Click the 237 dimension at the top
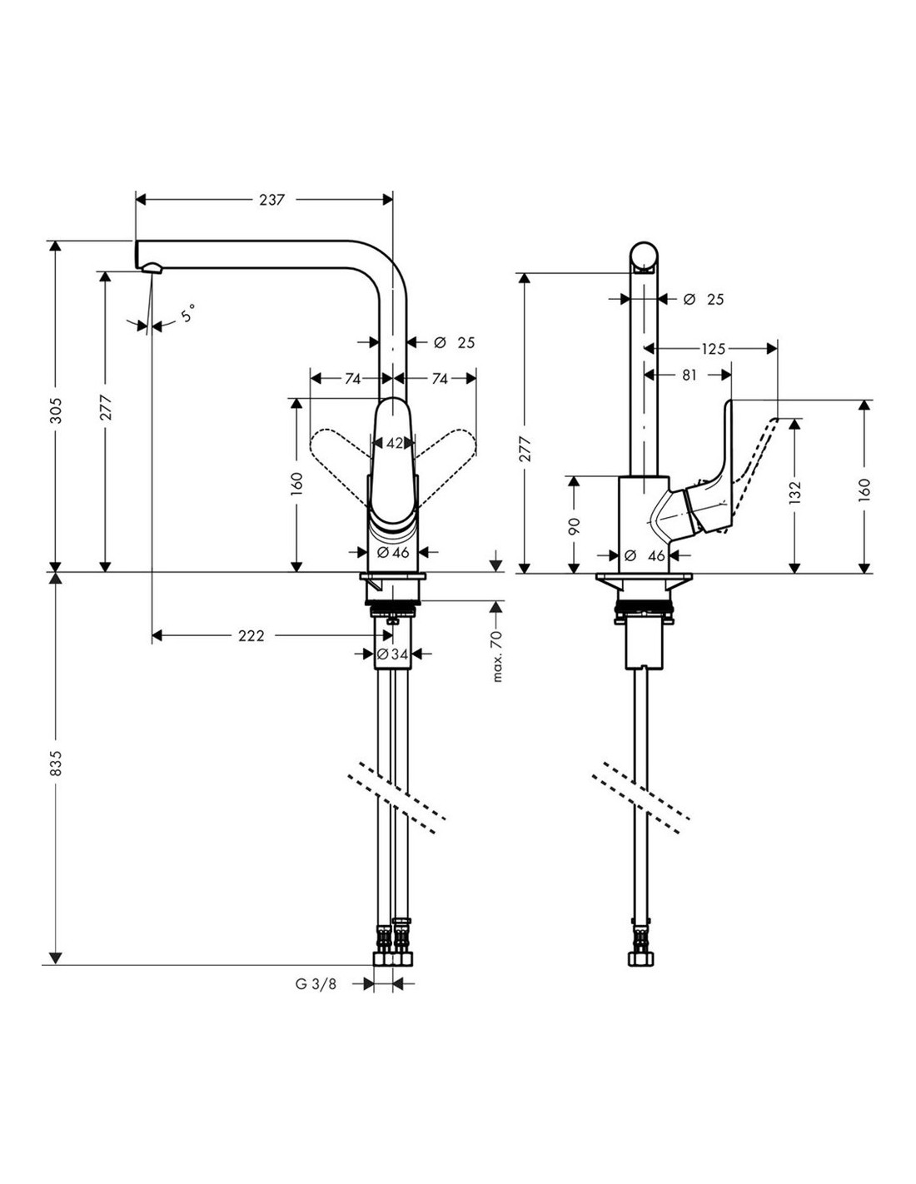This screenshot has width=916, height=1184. pos(272,200)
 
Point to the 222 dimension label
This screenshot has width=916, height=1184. pos(251,636)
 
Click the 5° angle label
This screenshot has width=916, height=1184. pos(189,314)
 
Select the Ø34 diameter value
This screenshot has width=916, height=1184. pos(392,654)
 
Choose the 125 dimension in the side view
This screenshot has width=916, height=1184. pos(713,349)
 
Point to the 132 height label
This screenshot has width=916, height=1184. pos(796,494)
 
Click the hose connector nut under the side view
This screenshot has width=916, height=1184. pos(641,959)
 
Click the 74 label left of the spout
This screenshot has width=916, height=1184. pos(352,379)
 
